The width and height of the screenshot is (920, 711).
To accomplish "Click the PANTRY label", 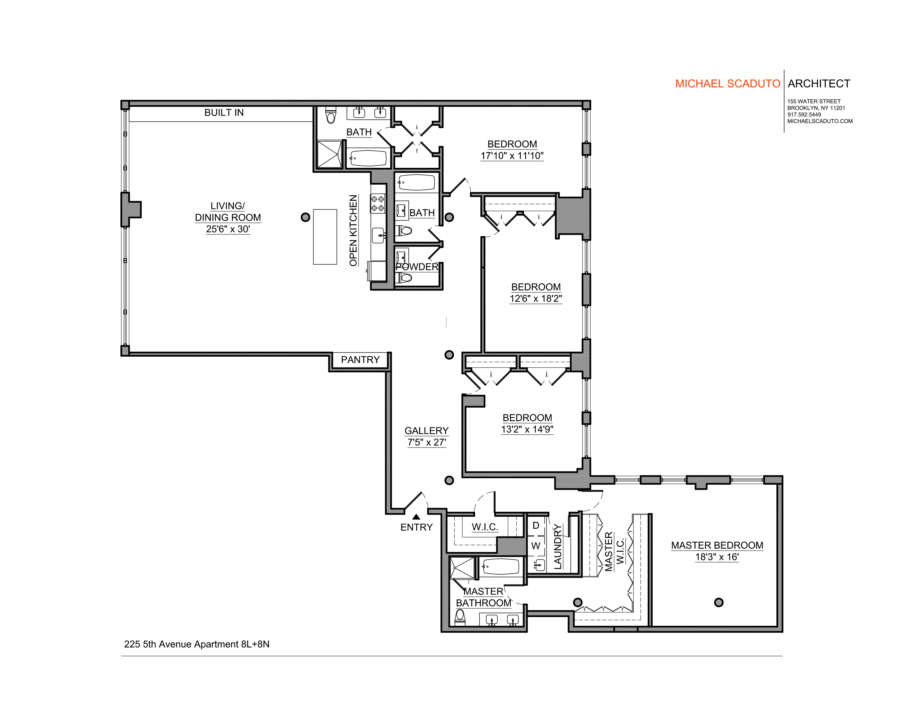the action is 360,360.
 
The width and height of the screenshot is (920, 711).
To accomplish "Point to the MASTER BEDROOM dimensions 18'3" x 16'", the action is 717,557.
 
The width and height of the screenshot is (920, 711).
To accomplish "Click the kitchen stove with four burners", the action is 377,204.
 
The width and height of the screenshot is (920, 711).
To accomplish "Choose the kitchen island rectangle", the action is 325,237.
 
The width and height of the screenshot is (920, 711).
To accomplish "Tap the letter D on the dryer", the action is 536,525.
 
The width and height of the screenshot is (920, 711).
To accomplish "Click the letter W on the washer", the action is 536,546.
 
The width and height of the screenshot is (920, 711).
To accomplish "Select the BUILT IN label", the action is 224,112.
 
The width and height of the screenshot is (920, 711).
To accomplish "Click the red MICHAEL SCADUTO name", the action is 727,84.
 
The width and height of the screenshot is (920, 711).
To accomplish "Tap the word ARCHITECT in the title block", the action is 819,84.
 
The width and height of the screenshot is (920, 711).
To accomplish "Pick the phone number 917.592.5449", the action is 804,115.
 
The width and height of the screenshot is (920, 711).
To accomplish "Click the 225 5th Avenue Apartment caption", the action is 197,644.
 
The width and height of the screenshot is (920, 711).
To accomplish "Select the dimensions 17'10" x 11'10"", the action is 512,156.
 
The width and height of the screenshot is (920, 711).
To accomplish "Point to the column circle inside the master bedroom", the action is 719,602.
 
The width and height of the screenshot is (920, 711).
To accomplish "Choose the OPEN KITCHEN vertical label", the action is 353,230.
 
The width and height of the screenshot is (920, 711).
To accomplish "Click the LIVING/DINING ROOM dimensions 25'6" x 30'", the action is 228,229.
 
